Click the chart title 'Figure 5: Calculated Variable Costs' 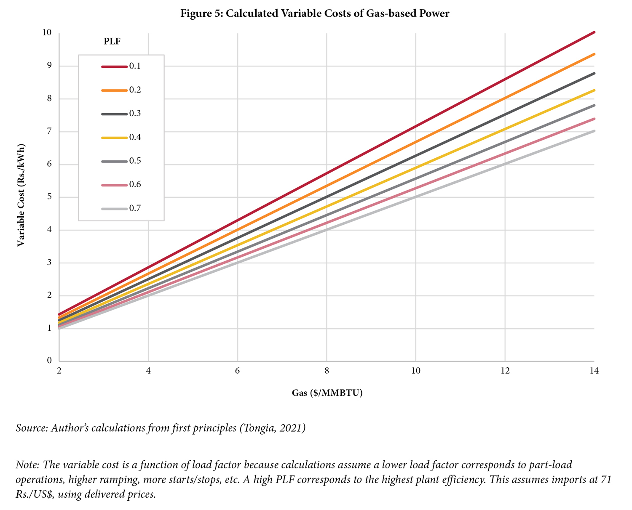tap(315, 13)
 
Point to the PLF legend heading tap(112, 41)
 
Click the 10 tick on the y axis tap(47, 32)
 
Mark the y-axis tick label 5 tap(49, 197)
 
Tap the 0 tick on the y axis tap(49, 361)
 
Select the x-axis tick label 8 tap(327, 371)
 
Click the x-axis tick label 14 tap(594, 371)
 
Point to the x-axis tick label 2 tap(59, 371)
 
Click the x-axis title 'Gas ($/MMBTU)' tap(327, 393)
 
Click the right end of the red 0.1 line tap(593, 32)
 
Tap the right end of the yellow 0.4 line tap(593, 90)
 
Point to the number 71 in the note tap(605, 480)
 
